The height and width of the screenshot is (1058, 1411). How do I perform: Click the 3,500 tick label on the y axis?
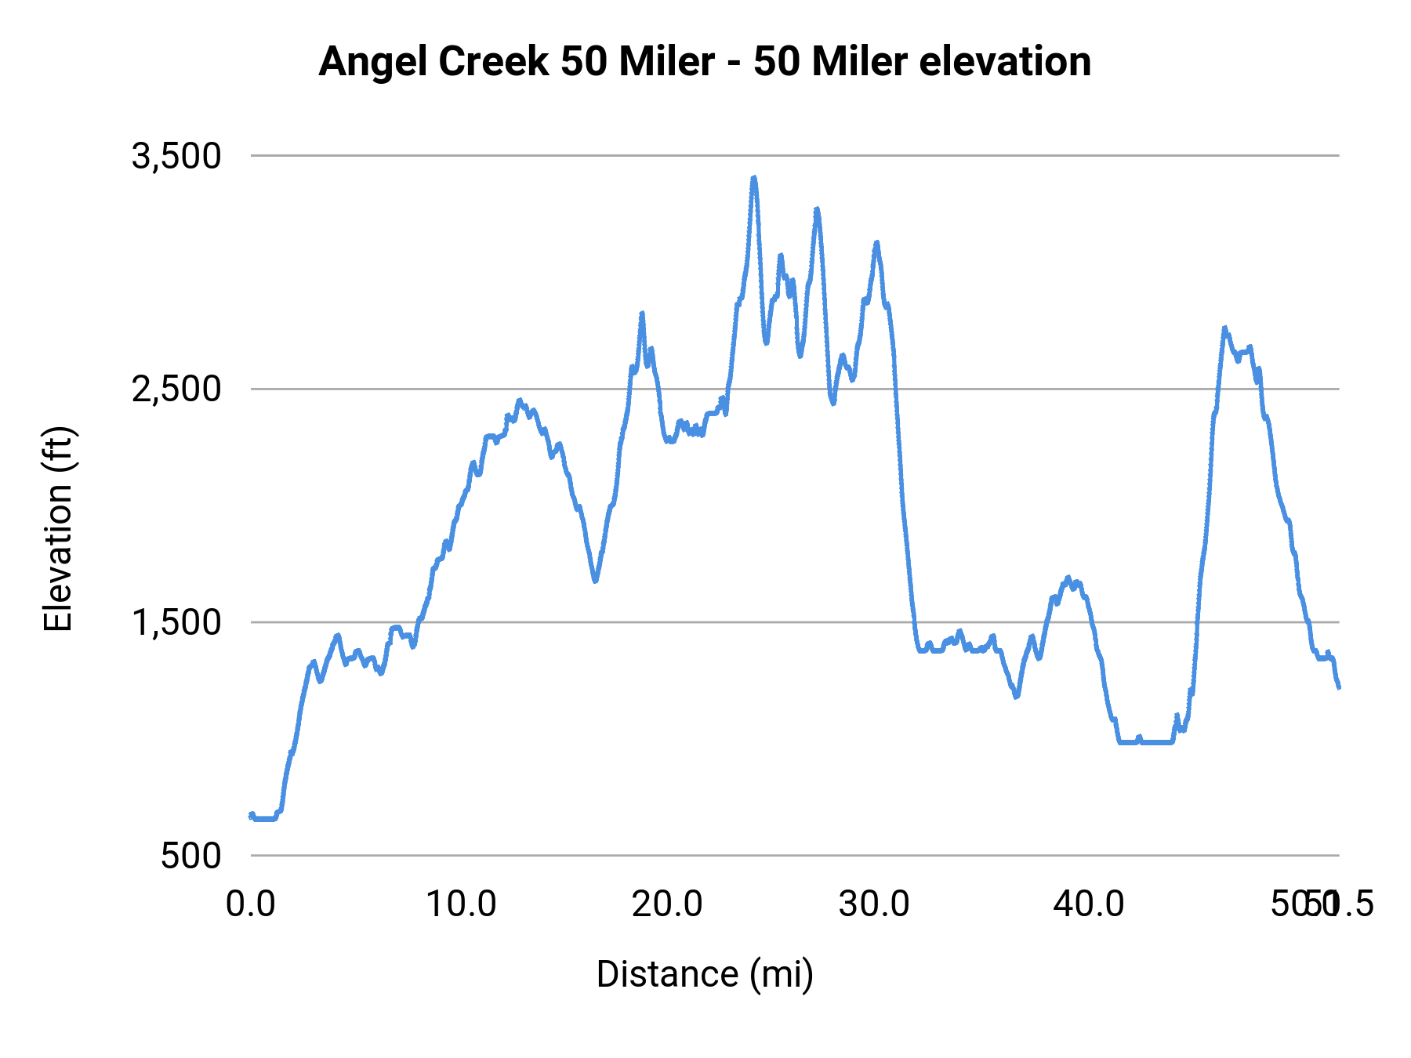point(176,157)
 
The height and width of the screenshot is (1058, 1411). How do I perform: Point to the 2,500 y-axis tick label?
point(176,390)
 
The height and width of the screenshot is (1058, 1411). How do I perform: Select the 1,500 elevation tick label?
point(176,623)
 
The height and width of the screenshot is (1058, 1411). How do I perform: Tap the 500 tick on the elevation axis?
point(191,856)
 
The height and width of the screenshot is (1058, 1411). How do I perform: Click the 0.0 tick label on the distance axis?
point(251,904)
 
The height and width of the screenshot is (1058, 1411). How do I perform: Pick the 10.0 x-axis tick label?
point(461,904)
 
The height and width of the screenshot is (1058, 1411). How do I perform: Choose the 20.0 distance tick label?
point(667,904)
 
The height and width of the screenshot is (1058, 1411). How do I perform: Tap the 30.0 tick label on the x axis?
point(874,904)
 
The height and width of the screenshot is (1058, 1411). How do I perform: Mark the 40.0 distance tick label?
point(1089,904)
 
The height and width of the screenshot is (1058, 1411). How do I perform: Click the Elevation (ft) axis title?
point(57,529)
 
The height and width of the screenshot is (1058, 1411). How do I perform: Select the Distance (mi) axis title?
point(705,974)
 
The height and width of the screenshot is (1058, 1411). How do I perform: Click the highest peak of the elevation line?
point(754,179)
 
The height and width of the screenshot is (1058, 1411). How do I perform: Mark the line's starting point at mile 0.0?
point(251,816)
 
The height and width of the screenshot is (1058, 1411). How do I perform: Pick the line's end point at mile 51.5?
point(1339,687)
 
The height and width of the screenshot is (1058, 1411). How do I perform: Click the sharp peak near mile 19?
point(642,314)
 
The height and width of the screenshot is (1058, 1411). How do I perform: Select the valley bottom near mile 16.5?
point(595,581)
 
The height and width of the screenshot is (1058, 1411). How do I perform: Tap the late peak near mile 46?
point(1224,329)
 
